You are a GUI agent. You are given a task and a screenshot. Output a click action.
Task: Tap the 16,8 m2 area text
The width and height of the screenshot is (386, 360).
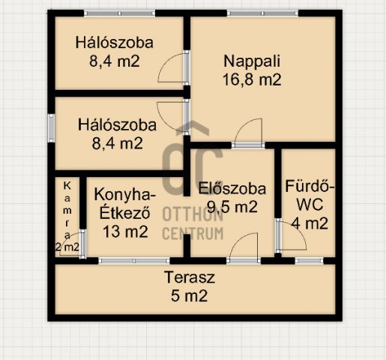pyautogui.click(x=252, y=80)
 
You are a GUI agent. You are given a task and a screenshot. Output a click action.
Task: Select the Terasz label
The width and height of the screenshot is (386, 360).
pyautogui.click(x=190, y=277)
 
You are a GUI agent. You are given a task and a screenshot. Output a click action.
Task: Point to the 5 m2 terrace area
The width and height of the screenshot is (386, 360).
pyautogui.click(x=190, y=295)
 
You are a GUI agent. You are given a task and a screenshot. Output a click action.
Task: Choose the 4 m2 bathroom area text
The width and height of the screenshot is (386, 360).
pyautogui.click(x=310, y=223)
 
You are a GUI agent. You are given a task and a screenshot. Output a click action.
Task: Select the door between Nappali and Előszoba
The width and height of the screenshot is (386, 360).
pyautogui.click(x=247, y=136)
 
